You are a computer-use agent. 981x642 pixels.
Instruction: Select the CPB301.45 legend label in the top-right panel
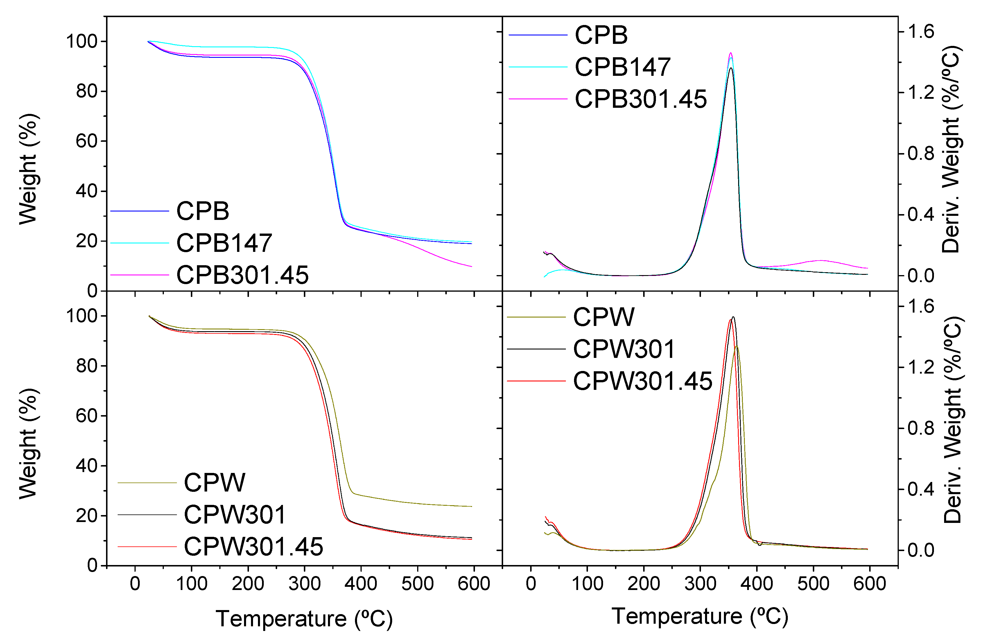coord(641,99)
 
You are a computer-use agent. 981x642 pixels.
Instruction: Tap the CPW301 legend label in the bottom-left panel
coord(234,515)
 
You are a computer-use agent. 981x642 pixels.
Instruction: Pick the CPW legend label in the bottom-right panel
coord(603,317)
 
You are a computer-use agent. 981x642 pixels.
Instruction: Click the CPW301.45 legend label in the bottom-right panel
coord(642,381)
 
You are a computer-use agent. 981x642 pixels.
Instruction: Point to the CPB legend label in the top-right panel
coord(601,35)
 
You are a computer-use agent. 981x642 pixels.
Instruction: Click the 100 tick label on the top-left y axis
coord(81,42)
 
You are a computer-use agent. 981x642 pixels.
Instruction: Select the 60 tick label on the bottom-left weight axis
coord(86,416)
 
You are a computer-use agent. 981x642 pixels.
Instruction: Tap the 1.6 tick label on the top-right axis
coord(920,32)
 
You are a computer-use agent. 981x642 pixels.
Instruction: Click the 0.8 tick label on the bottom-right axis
coord(920,428)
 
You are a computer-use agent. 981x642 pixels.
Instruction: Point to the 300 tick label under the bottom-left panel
coord(304,584)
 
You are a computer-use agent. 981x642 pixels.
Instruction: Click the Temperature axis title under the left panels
coord(304,619)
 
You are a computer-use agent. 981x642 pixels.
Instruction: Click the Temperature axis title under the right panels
coord(700,616)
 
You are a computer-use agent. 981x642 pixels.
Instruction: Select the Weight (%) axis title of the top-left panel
coord(29,169)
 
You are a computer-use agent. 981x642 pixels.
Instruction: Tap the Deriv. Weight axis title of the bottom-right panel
coord(953,420)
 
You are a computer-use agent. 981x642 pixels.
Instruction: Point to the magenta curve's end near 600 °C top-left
coord(471,266)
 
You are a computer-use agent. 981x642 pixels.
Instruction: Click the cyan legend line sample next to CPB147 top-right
coord(538,67)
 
